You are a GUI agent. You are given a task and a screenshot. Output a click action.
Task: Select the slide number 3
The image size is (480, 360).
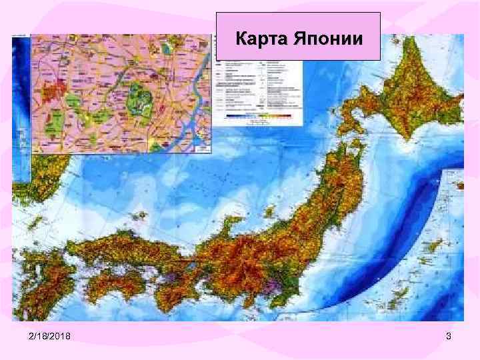[x=449, y=337]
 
